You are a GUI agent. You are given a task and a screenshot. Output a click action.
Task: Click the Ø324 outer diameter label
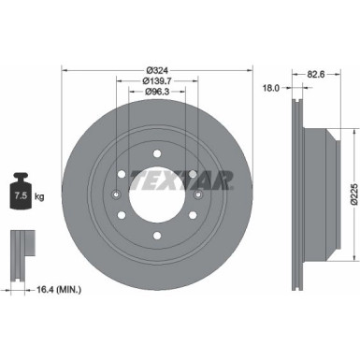click(156, 70)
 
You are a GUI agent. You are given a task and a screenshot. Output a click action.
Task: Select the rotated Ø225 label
click(340, 194)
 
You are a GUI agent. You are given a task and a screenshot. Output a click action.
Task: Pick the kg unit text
click(38, 198)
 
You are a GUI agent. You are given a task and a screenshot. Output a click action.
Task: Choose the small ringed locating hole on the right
click(199, 194)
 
